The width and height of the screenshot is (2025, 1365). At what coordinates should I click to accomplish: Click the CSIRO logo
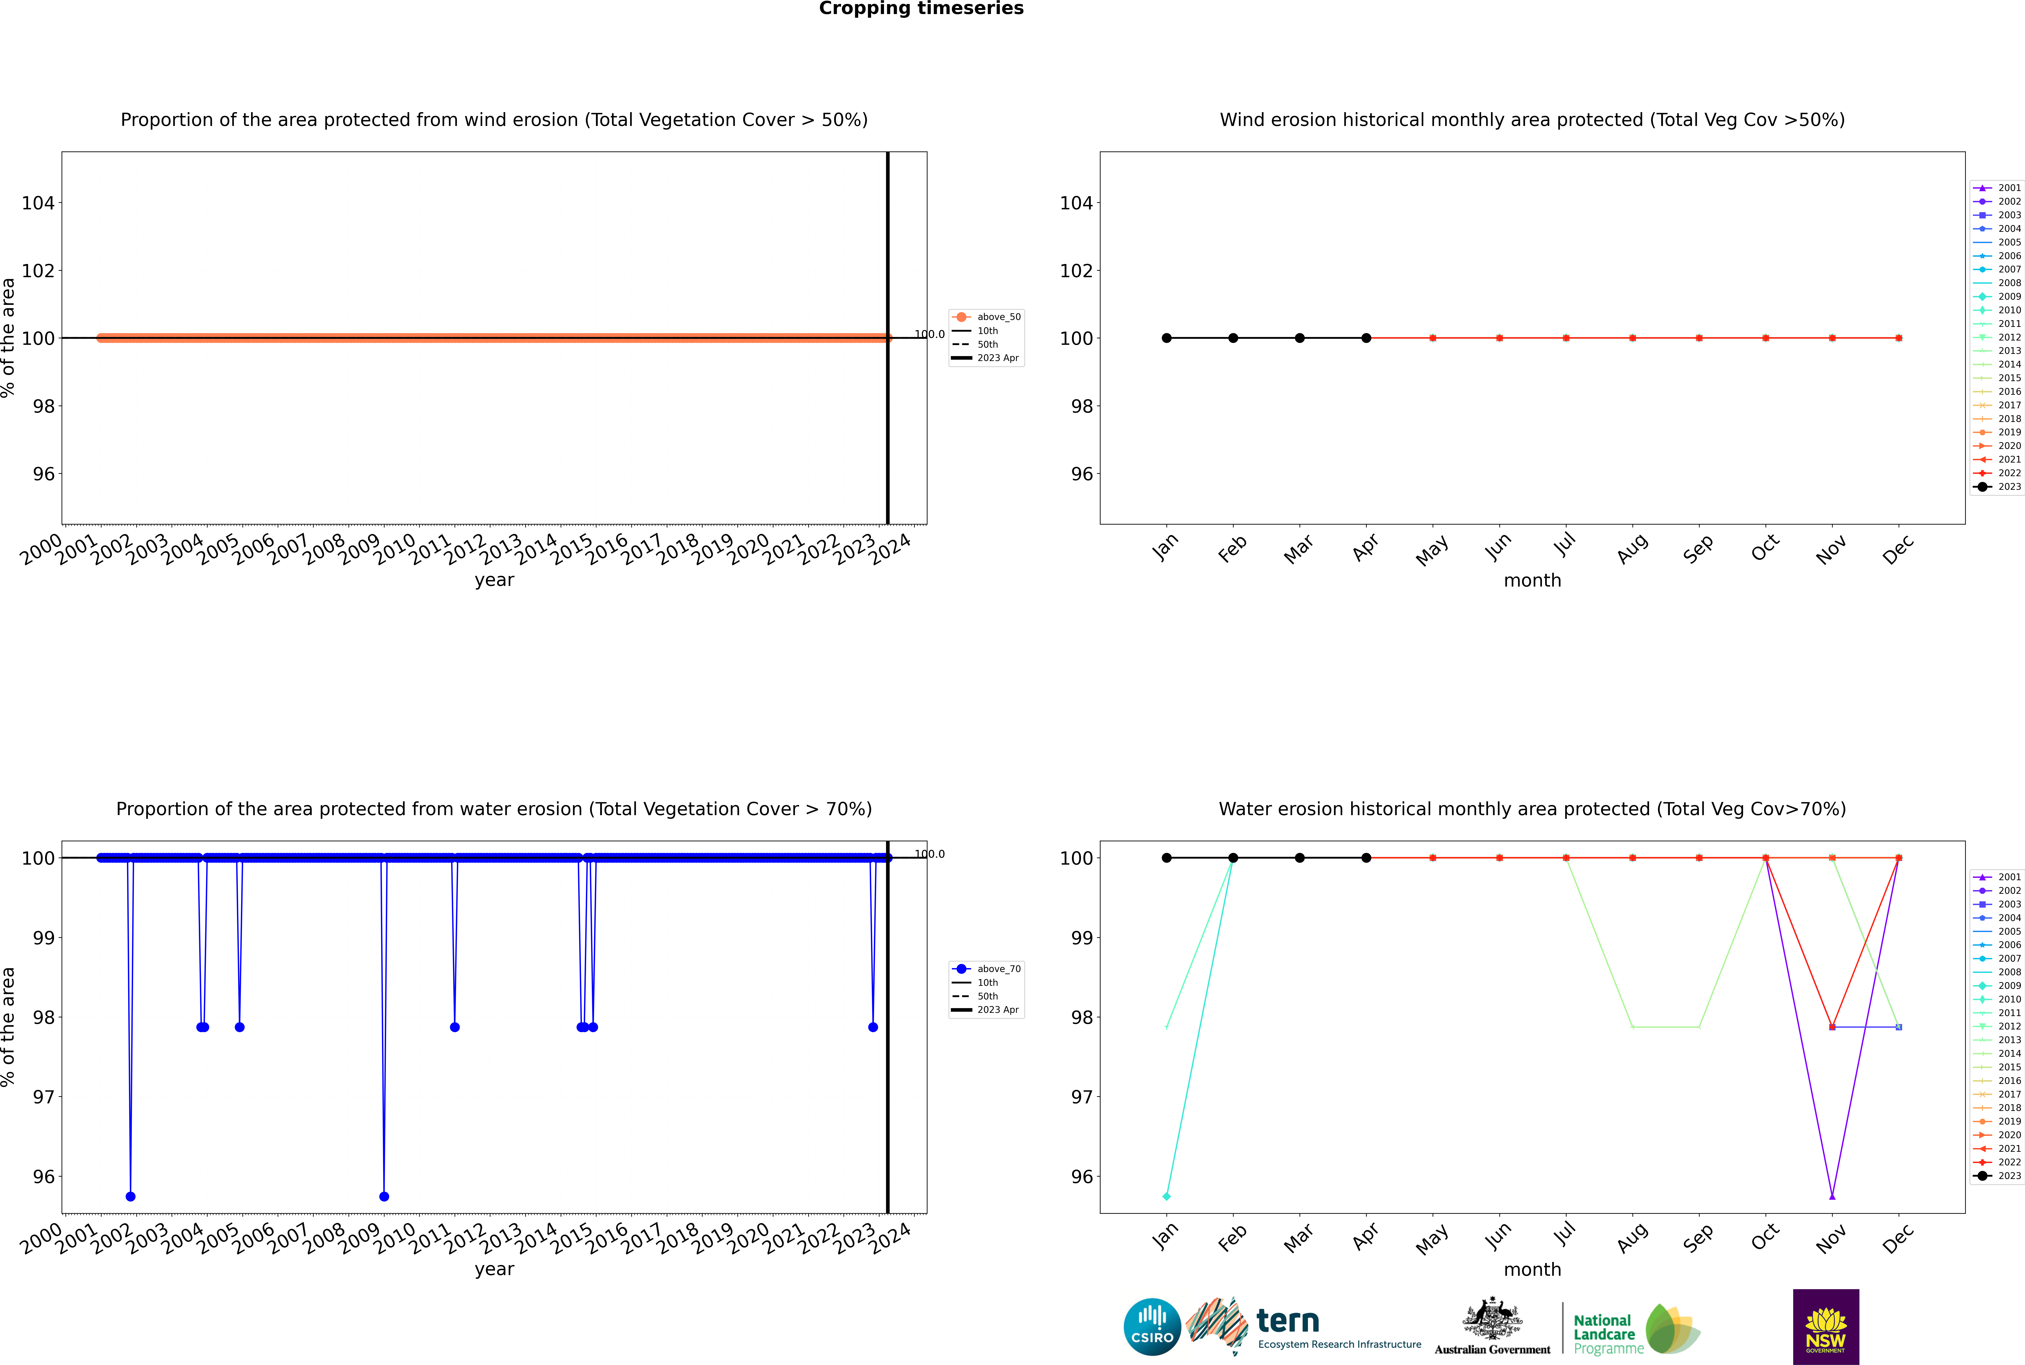pyautogui.click(x=1152, y=1327)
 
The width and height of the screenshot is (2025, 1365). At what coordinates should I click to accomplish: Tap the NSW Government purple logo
pyautogui.click(x=1826, y=1327)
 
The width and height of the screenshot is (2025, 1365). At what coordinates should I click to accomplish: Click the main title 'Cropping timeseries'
pyautogui.click(x=921, y=9)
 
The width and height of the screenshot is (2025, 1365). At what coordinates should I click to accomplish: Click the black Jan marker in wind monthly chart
pyautogui.click(x=1167, y=338)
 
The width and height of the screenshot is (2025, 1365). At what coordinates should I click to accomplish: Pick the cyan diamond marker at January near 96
pyautogui.click(x=1167, y=1196)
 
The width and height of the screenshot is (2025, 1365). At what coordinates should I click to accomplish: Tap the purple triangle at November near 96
pyautogui.click(x=1832, y=1196)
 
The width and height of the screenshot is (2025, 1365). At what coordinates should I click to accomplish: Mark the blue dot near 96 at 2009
pyautogui.click(x=384, y=1196)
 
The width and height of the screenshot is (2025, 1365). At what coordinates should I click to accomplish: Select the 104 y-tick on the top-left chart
pyautogui.click(x=38, y=203)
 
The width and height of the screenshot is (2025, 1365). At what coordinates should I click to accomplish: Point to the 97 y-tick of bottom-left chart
pyautogui.click(x=43, y=1097)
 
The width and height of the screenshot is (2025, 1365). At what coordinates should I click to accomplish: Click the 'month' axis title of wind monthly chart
pyautogui.click(x=1532, y=581)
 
